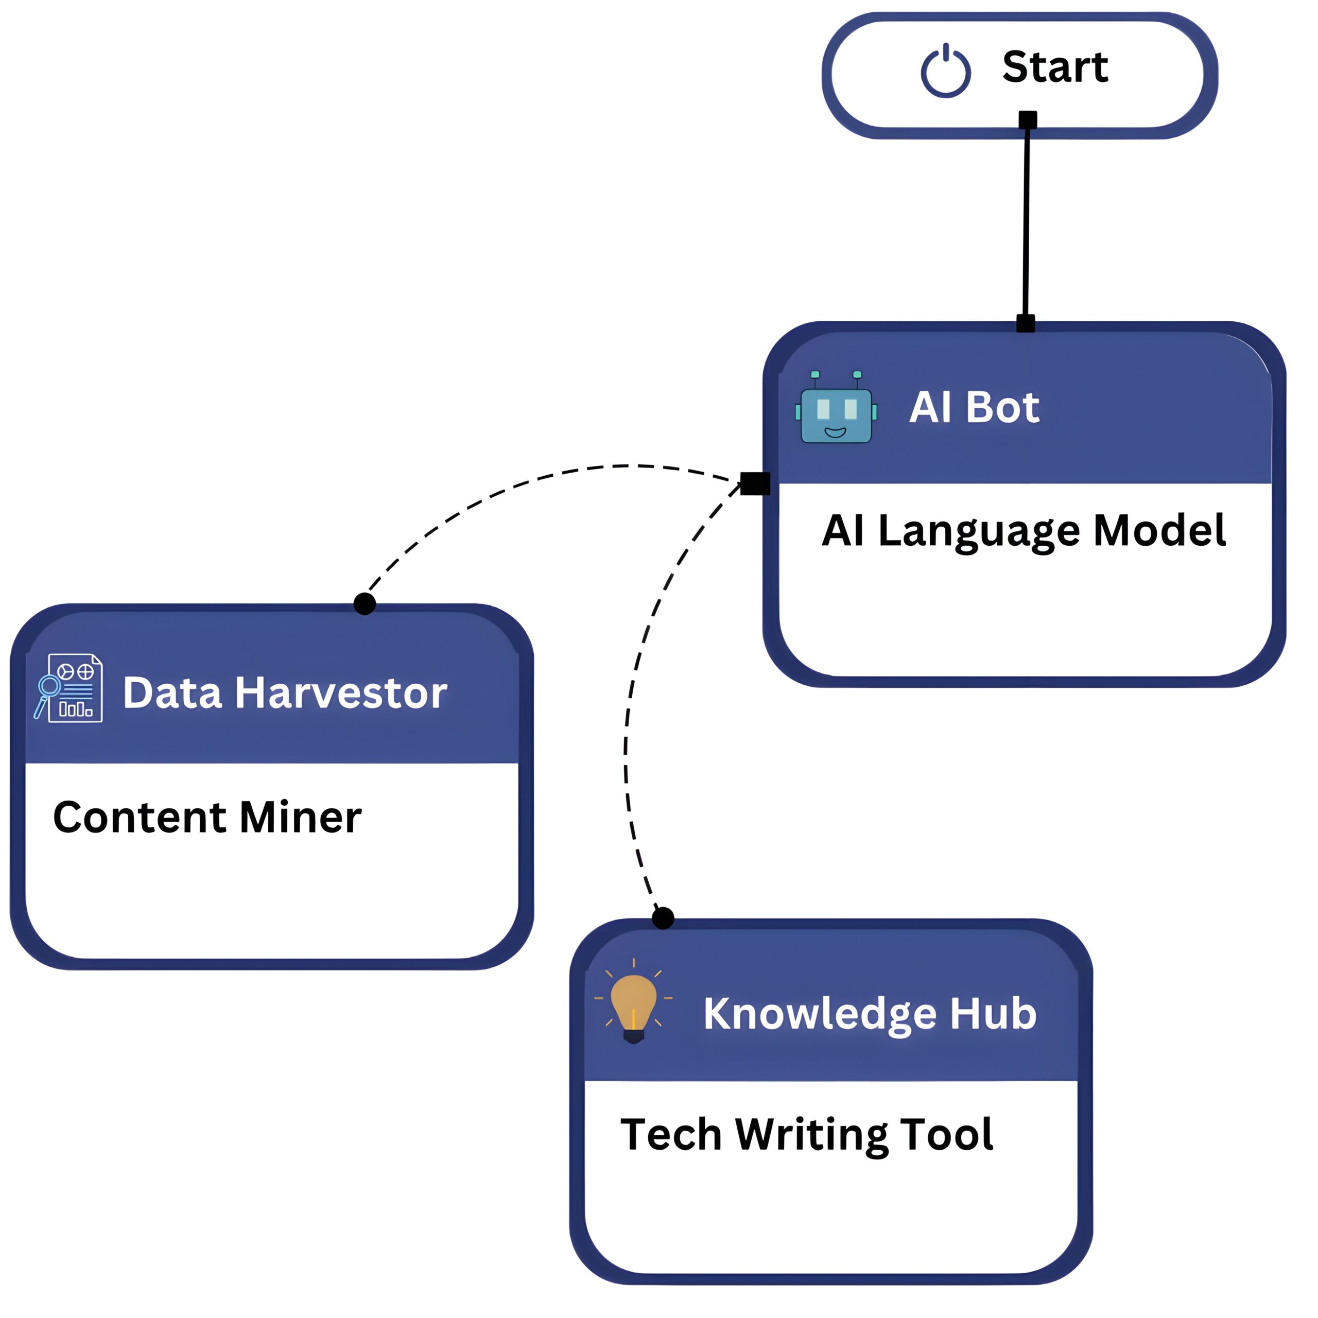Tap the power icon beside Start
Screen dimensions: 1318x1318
click(946, 71)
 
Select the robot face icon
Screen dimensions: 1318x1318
click(836, 409)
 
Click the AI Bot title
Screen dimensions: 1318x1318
click(974, 407)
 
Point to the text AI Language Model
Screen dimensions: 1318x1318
click(1024, 531)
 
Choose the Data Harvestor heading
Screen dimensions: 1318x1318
click(285, 693)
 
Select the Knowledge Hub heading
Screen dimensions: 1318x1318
click(870, 1014)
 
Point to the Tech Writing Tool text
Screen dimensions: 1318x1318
click(806, 1135)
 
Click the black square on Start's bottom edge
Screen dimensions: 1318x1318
click(1028, 120)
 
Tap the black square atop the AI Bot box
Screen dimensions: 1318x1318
click(1026, 323)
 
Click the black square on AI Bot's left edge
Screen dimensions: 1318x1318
click(755, 483)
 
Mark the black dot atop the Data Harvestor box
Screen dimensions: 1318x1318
click(365, 604)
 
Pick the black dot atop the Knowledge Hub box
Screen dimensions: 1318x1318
click(663, 918)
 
